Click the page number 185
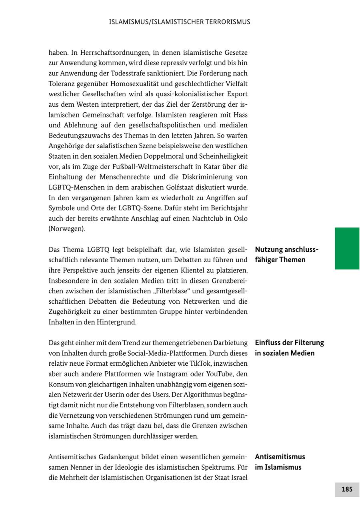click(x=347, y=489)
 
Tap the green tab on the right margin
click(x=347, y=248)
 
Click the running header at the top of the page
click(x=180, y=22)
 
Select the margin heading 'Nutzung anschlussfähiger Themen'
click(x=286, y=255)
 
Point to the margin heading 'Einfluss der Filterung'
click(x=289, y=343)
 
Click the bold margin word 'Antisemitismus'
click(x=280, y=456)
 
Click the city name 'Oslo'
click(x=240, y=218)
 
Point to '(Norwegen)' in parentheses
click(x=67, y=229)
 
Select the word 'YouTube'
click(x=222, y=374)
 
